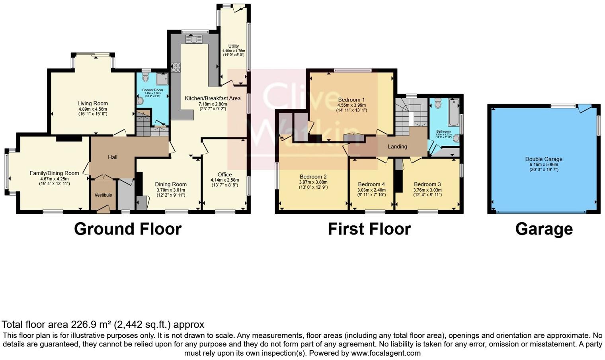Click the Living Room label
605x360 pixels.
(92, 104)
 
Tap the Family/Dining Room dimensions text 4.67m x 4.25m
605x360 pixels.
(54, 179)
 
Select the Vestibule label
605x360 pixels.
(103, 195)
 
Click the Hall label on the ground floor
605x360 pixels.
(113, 157)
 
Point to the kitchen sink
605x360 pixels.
(193, 39)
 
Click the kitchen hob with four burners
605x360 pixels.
(176, 68)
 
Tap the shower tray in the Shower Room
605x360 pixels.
(162, 79)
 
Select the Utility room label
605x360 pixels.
(234, 46)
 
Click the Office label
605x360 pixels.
(224, 174)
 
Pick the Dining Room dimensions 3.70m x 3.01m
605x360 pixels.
(171, 190)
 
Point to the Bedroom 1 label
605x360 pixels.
(351, 100)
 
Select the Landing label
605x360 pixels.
(397, 147)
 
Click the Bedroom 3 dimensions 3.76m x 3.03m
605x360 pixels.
(427, 190)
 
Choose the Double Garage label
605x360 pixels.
(544, 159)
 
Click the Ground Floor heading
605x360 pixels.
(128, 229)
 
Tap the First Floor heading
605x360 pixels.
(369, 229)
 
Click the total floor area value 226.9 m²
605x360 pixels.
(91, 325)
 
